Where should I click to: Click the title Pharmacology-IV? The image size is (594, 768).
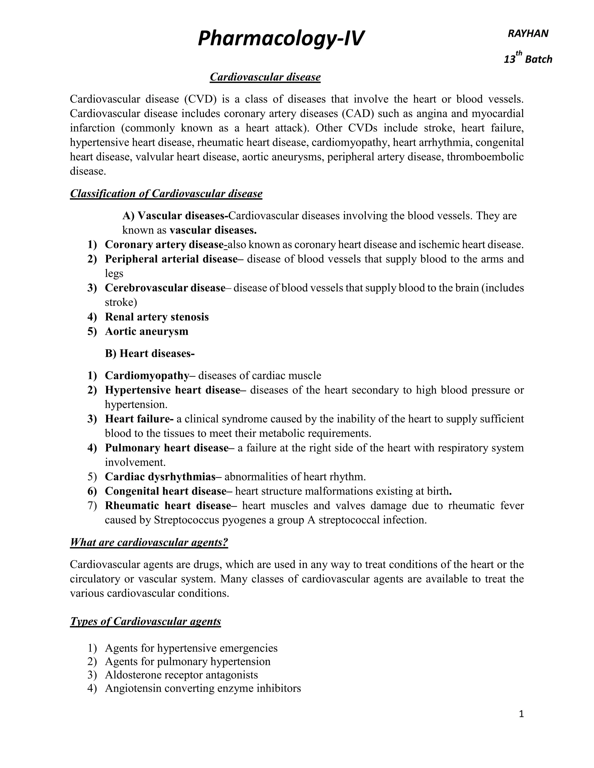point(281,39)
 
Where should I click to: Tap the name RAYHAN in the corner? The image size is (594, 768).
point(528,34)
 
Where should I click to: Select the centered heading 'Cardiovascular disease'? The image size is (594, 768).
point(265,77)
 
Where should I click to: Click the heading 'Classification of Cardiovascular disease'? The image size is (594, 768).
point(166,194)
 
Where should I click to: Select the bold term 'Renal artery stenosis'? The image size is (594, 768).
point(157,317)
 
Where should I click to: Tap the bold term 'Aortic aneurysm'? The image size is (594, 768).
point(146,331)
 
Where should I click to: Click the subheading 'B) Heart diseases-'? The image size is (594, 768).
point(150,353)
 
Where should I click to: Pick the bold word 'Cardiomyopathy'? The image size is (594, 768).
point(147,376)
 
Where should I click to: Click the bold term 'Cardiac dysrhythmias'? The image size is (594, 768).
point(160,477)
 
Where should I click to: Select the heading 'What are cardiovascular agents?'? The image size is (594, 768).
point(149,542)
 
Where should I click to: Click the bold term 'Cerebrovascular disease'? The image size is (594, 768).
point(165,288)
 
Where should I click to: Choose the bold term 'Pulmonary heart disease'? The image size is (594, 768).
point(167,448)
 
